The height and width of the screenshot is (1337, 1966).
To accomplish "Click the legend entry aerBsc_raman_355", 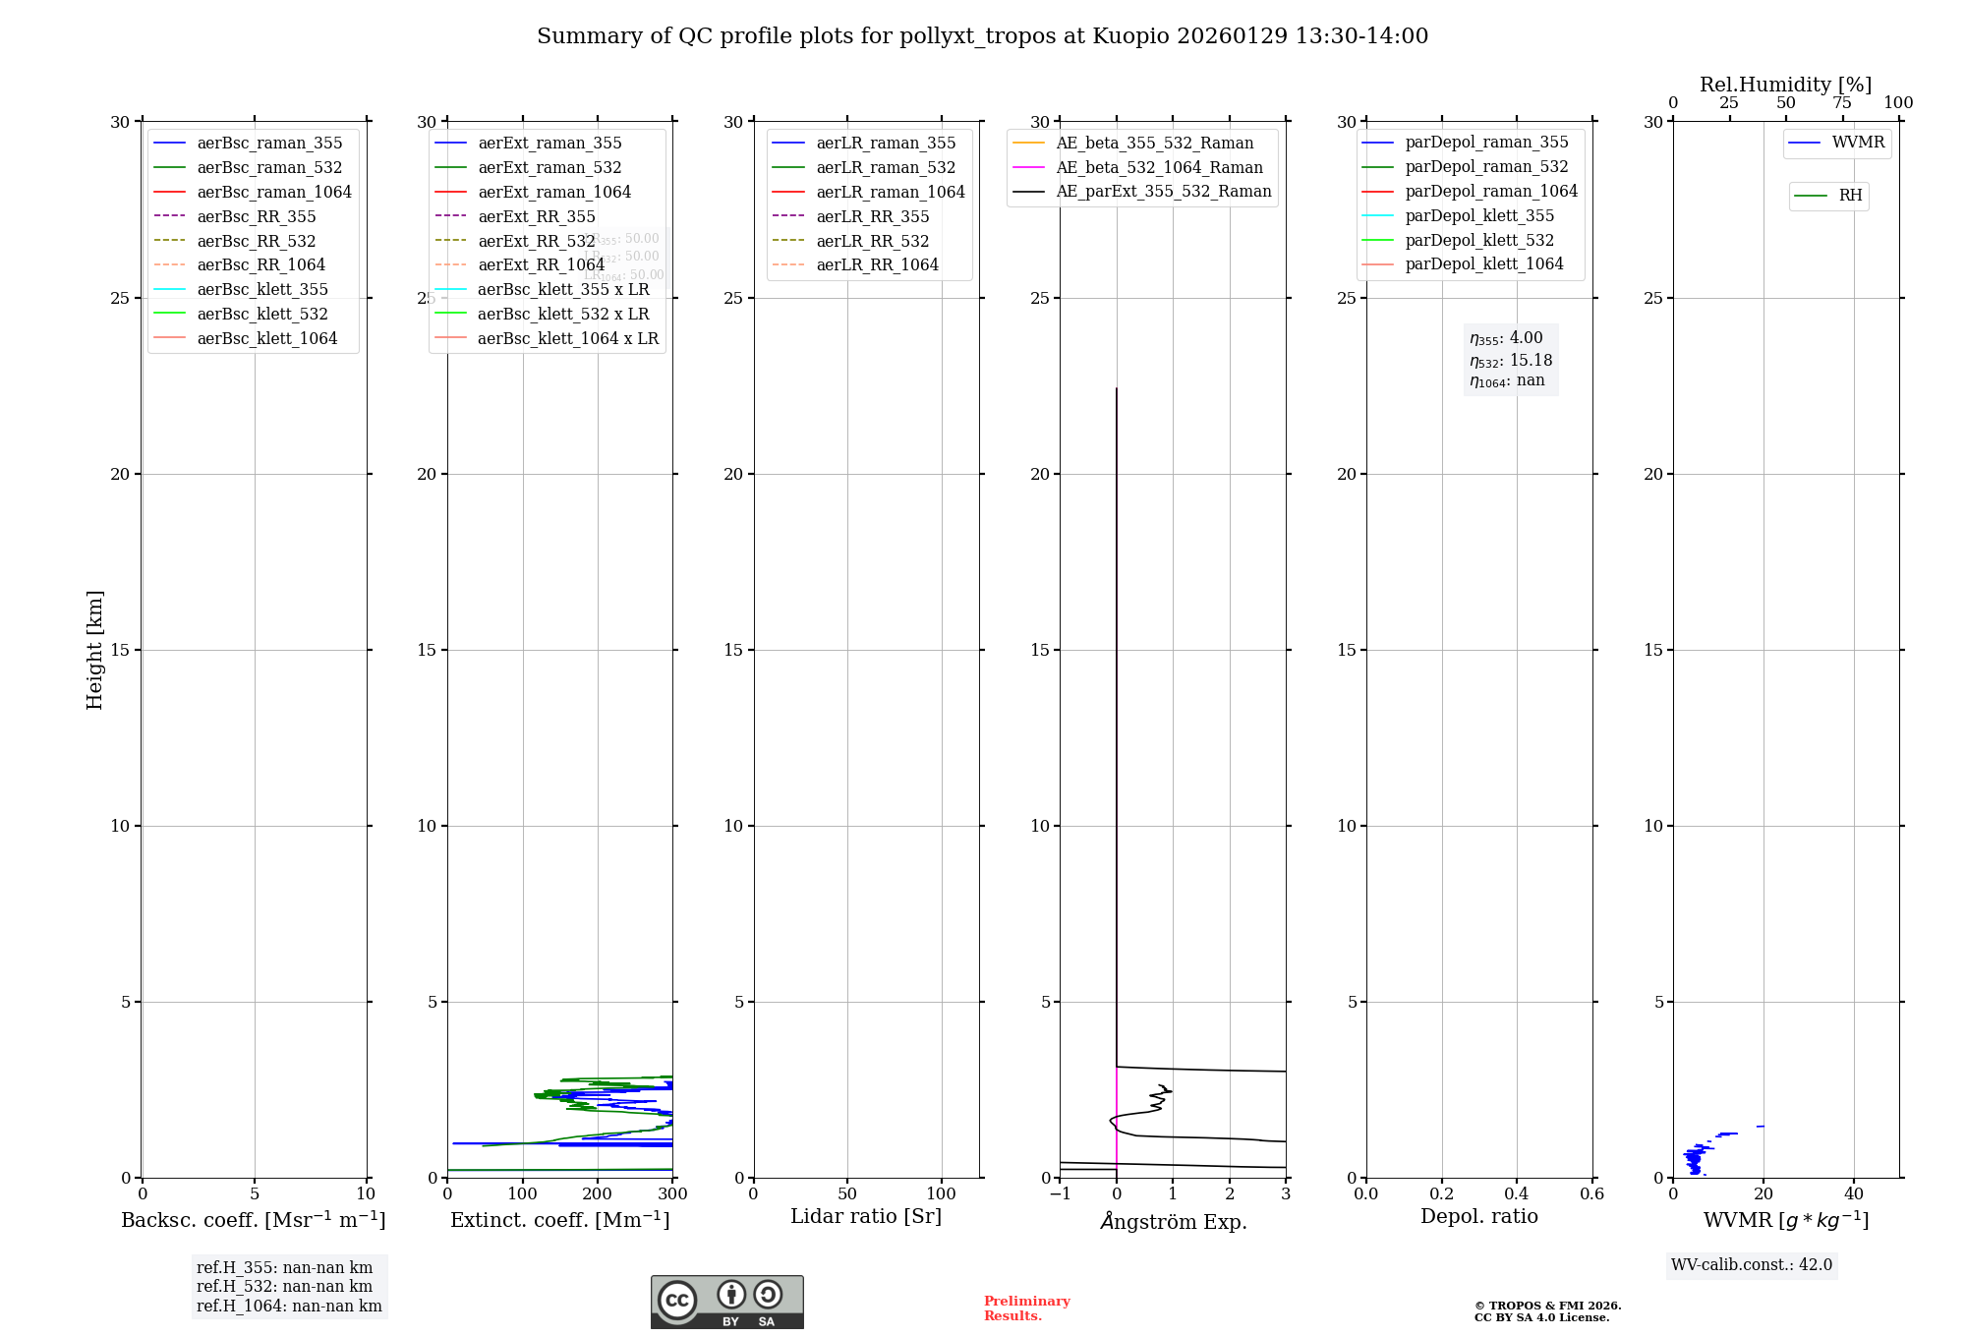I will pos(269,144).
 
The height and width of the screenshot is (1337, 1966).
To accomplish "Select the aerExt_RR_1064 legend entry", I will pos(541,265).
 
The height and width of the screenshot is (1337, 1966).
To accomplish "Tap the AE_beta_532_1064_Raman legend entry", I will pos(1159,168).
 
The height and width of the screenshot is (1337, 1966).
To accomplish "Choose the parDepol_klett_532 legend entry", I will pos(1479,241).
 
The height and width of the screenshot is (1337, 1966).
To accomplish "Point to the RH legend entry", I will pos(1850,196).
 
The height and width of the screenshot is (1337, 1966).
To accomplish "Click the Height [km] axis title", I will pos(94,650).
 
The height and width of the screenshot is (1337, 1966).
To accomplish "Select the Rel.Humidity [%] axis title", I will pos(1785,85).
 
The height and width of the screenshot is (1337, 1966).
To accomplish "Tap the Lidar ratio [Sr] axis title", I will pos(866,1217).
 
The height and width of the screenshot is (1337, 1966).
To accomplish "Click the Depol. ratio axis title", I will pos(1478,1217).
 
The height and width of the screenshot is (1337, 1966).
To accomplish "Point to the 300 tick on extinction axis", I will pos(672,1194).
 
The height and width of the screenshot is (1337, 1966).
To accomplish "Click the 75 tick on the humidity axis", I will pos(1842,103).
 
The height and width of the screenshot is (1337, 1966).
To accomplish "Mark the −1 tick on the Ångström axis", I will pos(1060,1194).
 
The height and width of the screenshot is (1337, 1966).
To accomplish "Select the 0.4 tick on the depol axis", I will pos(1517,1194).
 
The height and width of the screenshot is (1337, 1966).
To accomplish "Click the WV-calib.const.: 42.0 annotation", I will pos(1752,1265).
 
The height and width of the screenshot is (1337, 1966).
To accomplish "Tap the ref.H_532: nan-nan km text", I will pos(285,1287).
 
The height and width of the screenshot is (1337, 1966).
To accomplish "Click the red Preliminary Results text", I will pos(1026,1308).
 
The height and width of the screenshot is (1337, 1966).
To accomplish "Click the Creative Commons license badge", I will pos(726,1303).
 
